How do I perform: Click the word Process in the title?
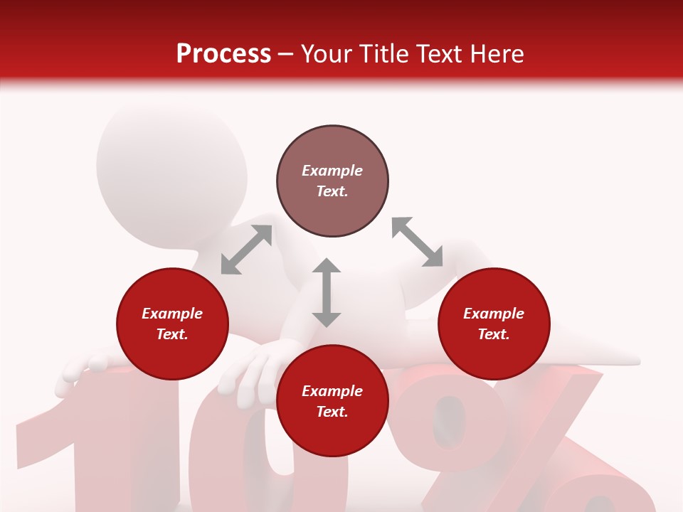point(223,54)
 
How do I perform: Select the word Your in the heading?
point(327,54)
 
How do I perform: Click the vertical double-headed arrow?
point(327,292)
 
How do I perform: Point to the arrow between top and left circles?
point(246,250)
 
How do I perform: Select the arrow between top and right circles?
point(417,242)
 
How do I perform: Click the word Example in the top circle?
point(332,171)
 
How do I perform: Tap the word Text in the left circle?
point(172,334)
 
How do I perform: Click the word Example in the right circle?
point(494,314)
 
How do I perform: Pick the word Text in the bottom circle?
point(332,412)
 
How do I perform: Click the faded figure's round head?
point(171,167)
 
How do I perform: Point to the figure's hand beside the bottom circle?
point(249,370)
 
